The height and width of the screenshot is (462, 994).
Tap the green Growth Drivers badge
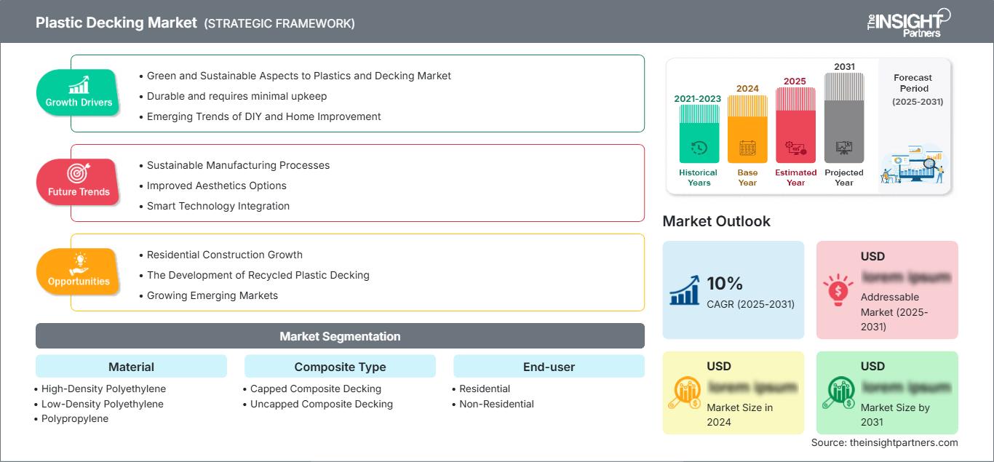click(79, 92)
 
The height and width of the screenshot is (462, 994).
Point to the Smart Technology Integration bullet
click(218, 206)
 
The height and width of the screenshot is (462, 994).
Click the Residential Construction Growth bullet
click(225, 255)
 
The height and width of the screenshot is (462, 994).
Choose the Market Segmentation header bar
click(340, 336)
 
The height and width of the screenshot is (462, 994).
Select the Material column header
click(131, 367)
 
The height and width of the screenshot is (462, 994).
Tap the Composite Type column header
click(340, 367)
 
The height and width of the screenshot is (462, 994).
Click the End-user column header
click(549, 367)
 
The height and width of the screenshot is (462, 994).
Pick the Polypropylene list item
click(75, 418)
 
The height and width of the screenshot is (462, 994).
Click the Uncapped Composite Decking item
click(322, 404)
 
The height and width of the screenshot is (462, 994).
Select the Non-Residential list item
click(496, 404)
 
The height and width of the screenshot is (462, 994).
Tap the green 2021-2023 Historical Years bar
click(699, 135)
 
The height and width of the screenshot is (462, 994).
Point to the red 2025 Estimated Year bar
click(795, 125)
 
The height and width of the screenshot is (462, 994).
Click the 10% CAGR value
click(723, 283)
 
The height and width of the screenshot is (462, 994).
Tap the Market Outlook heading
click(716, 221)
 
